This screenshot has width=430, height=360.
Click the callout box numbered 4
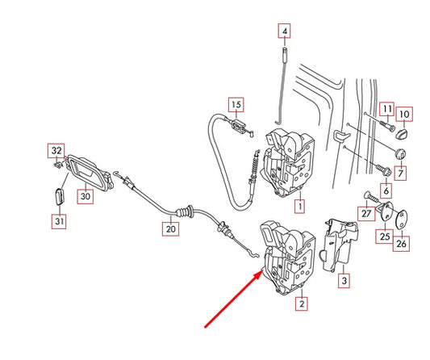284,33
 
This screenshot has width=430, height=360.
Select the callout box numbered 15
235,105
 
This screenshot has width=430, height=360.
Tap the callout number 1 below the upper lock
300,207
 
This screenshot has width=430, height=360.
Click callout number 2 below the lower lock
302,304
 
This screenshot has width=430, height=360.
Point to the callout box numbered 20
169,229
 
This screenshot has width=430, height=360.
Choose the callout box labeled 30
85,195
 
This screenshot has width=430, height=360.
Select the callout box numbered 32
56,150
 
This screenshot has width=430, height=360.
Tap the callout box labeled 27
365,213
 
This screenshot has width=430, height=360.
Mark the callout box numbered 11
387,109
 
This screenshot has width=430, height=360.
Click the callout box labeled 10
405,114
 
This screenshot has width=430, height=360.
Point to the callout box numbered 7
402,174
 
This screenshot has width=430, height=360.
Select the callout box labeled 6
386,191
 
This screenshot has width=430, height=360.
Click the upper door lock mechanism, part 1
294,161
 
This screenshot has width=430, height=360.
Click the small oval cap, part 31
58,196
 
